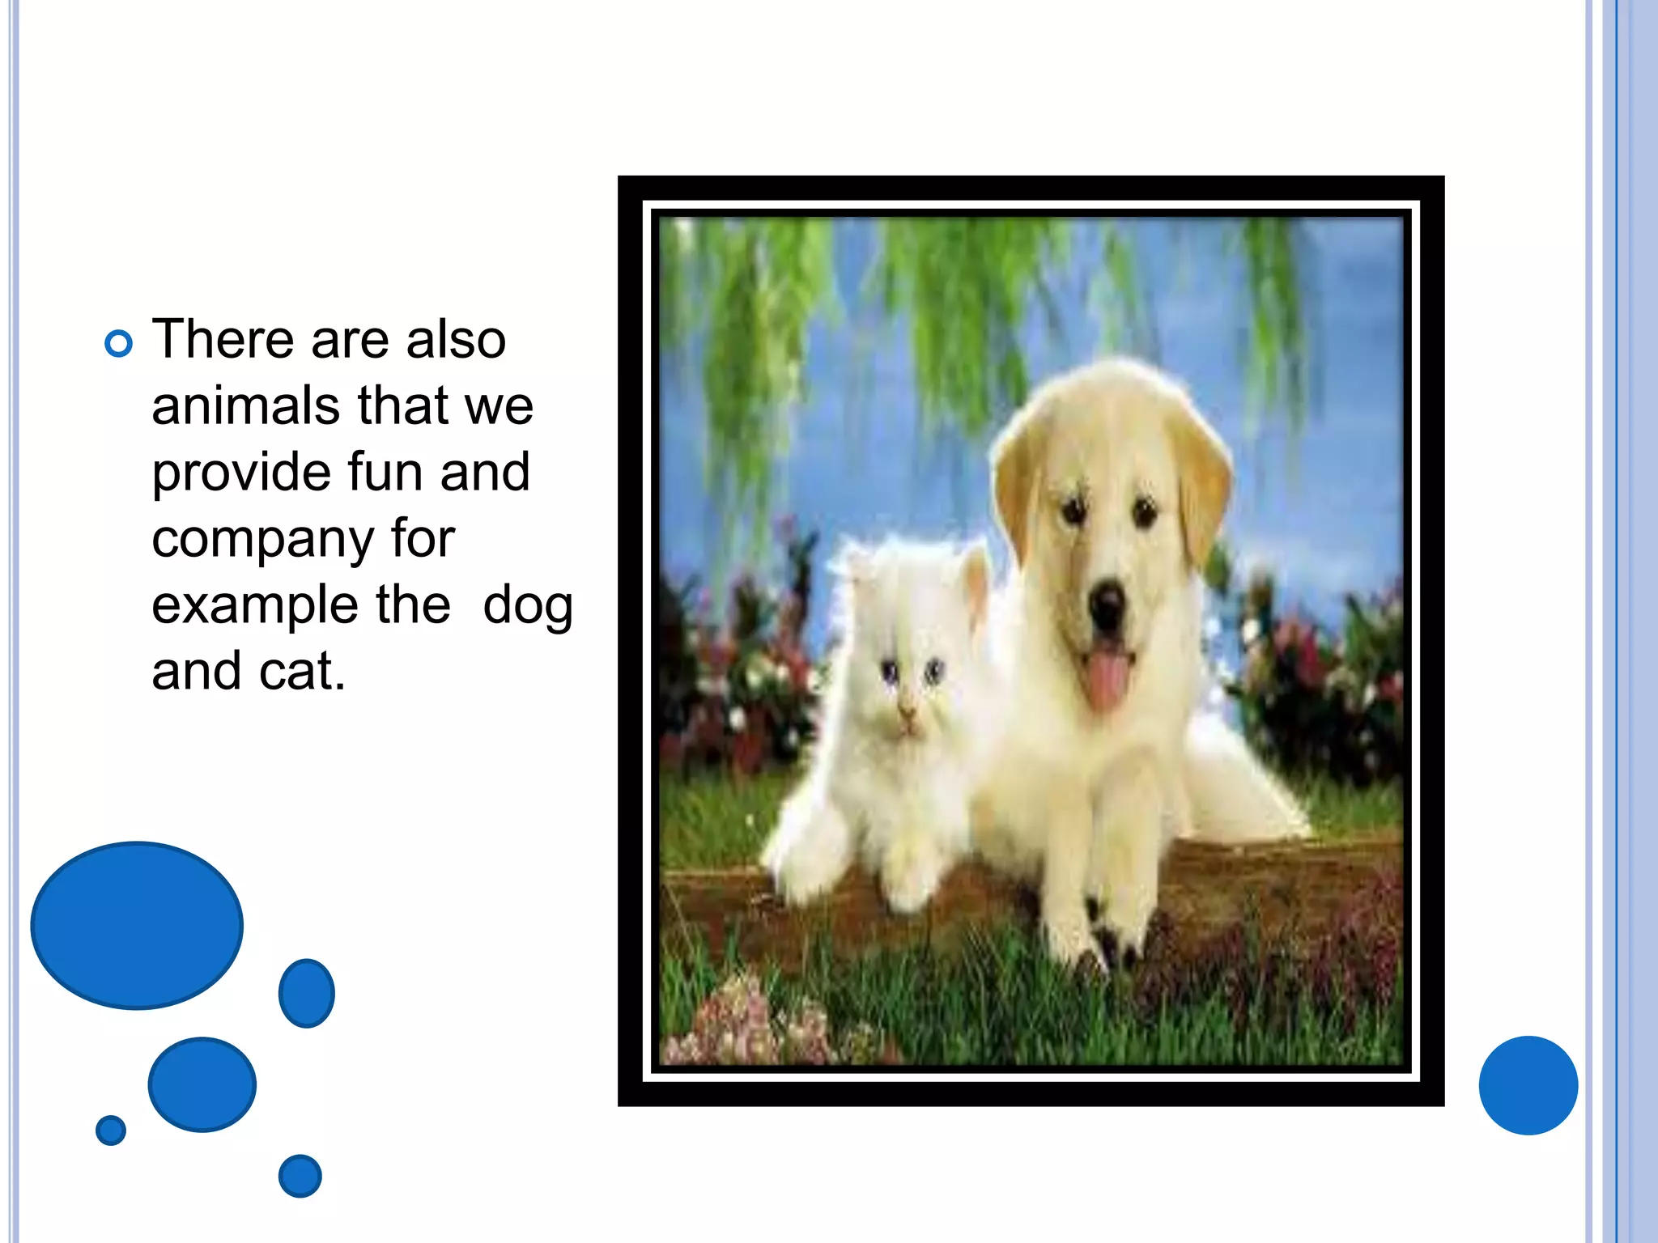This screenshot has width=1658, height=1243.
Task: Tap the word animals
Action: coord(244,405)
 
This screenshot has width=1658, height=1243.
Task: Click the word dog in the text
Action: coord(528,606)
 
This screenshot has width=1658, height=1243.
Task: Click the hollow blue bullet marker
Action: coord(118,344)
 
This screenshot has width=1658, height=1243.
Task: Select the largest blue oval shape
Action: coord(137,925)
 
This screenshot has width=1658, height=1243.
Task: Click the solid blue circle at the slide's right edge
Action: coord(1528,1085)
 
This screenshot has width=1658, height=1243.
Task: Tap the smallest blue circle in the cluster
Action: coord(111,1130)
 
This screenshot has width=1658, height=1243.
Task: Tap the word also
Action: coord(456,339)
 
